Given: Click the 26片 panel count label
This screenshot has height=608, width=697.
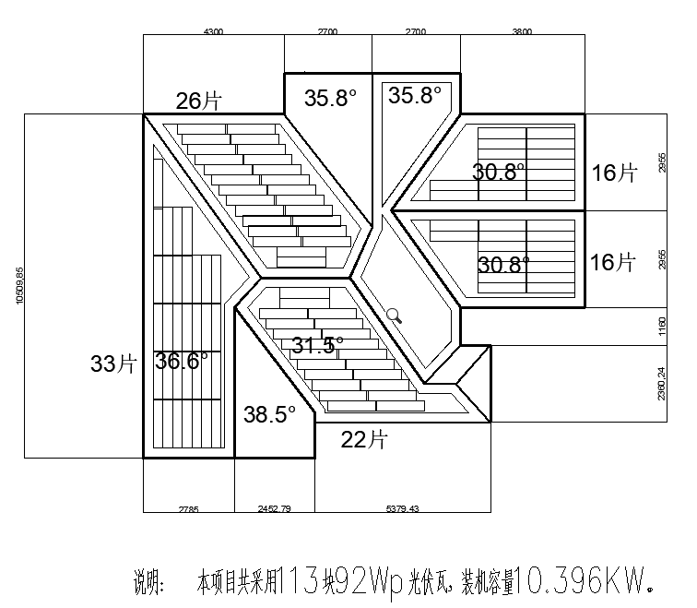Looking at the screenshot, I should (x=199, y=99).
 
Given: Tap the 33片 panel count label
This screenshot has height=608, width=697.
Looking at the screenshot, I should (x=112, y=364).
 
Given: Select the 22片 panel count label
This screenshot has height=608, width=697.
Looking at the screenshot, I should (x=363, y=439).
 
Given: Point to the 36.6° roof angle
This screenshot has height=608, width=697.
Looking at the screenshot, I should (x=182, y=361).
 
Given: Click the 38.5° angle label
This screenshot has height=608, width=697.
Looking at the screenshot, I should (x=269, y=414).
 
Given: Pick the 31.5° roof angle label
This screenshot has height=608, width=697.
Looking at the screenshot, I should (x=318, y=345).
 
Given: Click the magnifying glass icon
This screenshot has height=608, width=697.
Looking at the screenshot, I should (x=394, y=315).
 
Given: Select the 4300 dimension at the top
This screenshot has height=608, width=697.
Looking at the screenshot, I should (x=213, y=31).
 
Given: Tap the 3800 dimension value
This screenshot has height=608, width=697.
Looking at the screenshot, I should (x=522, y=31).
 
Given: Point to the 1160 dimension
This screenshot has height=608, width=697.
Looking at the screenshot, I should (x=661, y=326).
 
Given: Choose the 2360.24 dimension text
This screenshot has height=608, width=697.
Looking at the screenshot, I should (x=661, y=383).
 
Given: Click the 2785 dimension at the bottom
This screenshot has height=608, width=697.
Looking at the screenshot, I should (x=188, y=508).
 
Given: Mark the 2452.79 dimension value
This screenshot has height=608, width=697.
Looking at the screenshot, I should (x=274, y=508).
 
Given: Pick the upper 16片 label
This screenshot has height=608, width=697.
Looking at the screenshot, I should (x=613, y=173).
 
